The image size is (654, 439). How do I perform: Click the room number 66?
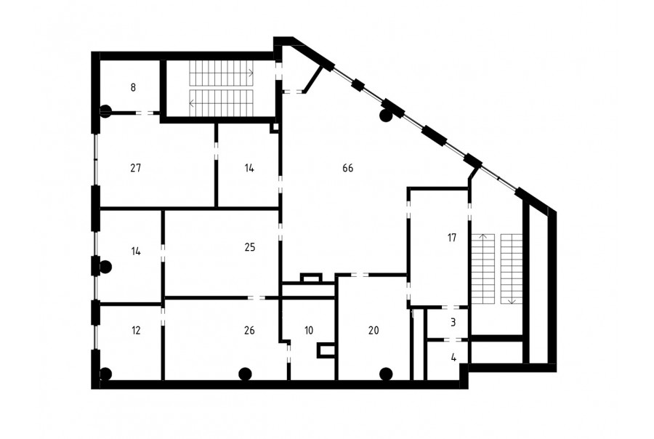coord(348,168)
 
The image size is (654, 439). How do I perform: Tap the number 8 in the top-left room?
coord(133,87)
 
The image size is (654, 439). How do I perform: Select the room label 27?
coord(136,168)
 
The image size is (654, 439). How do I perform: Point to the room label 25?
coord(249,247)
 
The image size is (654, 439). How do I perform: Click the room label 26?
coord(249,331)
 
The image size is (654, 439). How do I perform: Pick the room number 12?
coord(136,331)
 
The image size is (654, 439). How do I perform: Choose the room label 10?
coord(309,331)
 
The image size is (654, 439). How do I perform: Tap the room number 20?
coord(374,331)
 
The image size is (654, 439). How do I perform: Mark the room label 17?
coord(452,238)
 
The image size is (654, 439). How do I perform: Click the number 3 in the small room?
coord(453,322)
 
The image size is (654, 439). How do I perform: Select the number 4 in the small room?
coord(453,358)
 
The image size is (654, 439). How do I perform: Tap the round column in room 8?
coord(105,111)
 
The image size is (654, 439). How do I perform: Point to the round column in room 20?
coord(387,374)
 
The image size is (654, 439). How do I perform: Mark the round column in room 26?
coord(245,374)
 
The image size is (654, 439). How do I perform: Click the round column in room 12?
coord(105,374)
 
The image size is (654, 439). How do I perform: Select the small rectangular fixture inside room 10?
coord(326,350)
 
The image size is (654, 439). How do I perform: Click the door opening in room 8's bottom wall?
coord(145,113)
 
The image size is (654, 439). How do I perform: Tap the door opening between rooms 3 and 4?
coord(450,340)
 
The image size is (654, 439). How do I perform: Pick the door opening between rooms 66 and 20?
coord(360,275)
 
